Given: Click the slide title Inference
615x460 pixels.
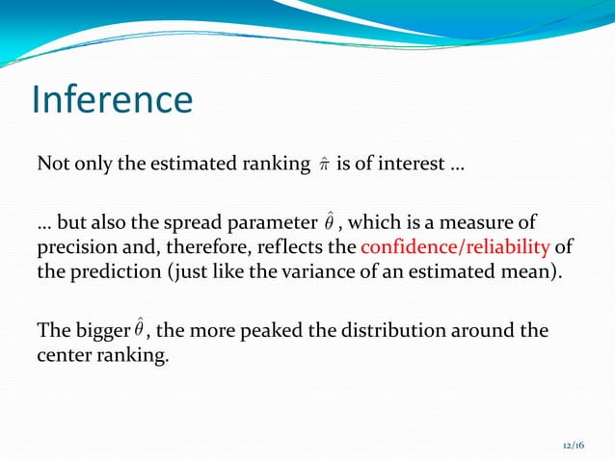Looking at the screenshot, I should (112, 100).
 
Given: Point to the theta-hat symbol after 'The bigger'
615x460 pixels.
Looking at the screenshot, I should (140, 330).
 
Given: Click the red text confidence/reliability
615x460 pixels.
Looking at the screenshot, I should (455, 247).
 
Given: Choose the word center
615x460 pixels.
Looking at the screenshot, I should (65, 354).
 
